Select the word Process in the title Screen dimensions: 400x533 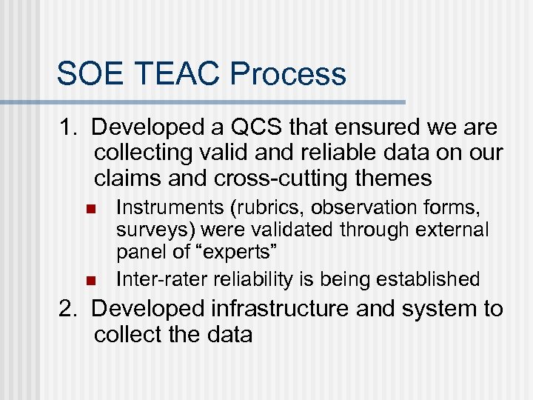click(289, 74)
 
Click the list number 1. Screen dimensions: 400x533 click(66, 128)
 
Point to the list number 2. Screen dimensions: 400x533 click(67, 309)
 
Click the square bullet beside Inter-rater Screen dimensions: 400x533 click(91, 280)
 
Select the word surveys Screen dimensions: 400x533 click(148, 230)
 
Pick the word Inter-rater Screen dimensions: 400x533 click(162, 279)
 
